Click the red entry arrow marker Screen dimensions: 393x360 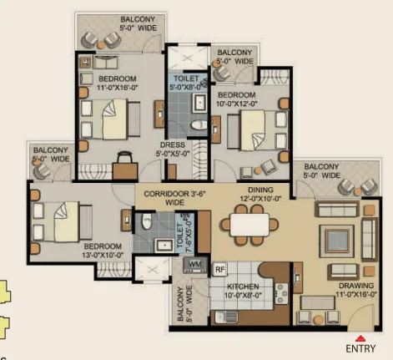pos(360,338)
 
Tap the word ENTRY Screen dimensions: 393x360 pos(360,348)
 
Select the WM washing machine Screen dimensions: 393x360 pos(195,265)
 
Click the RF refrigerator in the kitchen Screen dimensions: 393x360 pos(220,269)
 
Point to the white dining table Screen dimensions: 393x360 pos(249,225)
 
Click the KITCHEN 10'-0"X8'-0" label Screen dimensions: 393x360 pos(243,291)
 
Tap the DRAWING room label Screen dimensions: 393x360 pos(356,290)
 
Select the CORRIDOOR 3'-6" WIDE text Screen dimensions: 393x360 pos(174,198)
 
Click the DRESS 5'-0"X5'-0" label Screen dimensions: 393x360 pos(173,149)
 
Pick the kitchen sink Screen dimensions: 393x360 pos(227,317)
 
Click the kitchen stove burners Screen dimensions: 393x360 pos(281,293)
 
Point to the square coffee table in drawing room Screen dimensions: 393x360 pos(337,241)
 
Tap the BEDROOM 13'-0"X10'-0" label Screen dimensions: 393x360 pos(103,251)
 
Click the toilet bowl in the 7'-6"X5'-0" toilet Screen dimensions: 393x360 pos(147,221)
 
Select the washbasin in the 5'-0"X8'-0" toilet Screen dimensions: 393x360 pos(200,103)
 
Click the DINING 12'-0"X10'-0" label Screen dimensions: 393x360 pos(260,194)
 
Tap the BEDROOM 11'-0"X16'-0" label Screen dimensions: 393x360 pos(118,83)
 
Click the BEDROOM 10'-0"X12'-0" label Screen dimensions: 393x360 pos(237,99)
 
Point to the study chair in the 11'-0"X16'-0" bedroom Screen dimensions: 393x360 pos(125,157)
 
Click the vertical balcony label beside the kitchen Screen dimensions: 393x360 pos(184,304)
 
